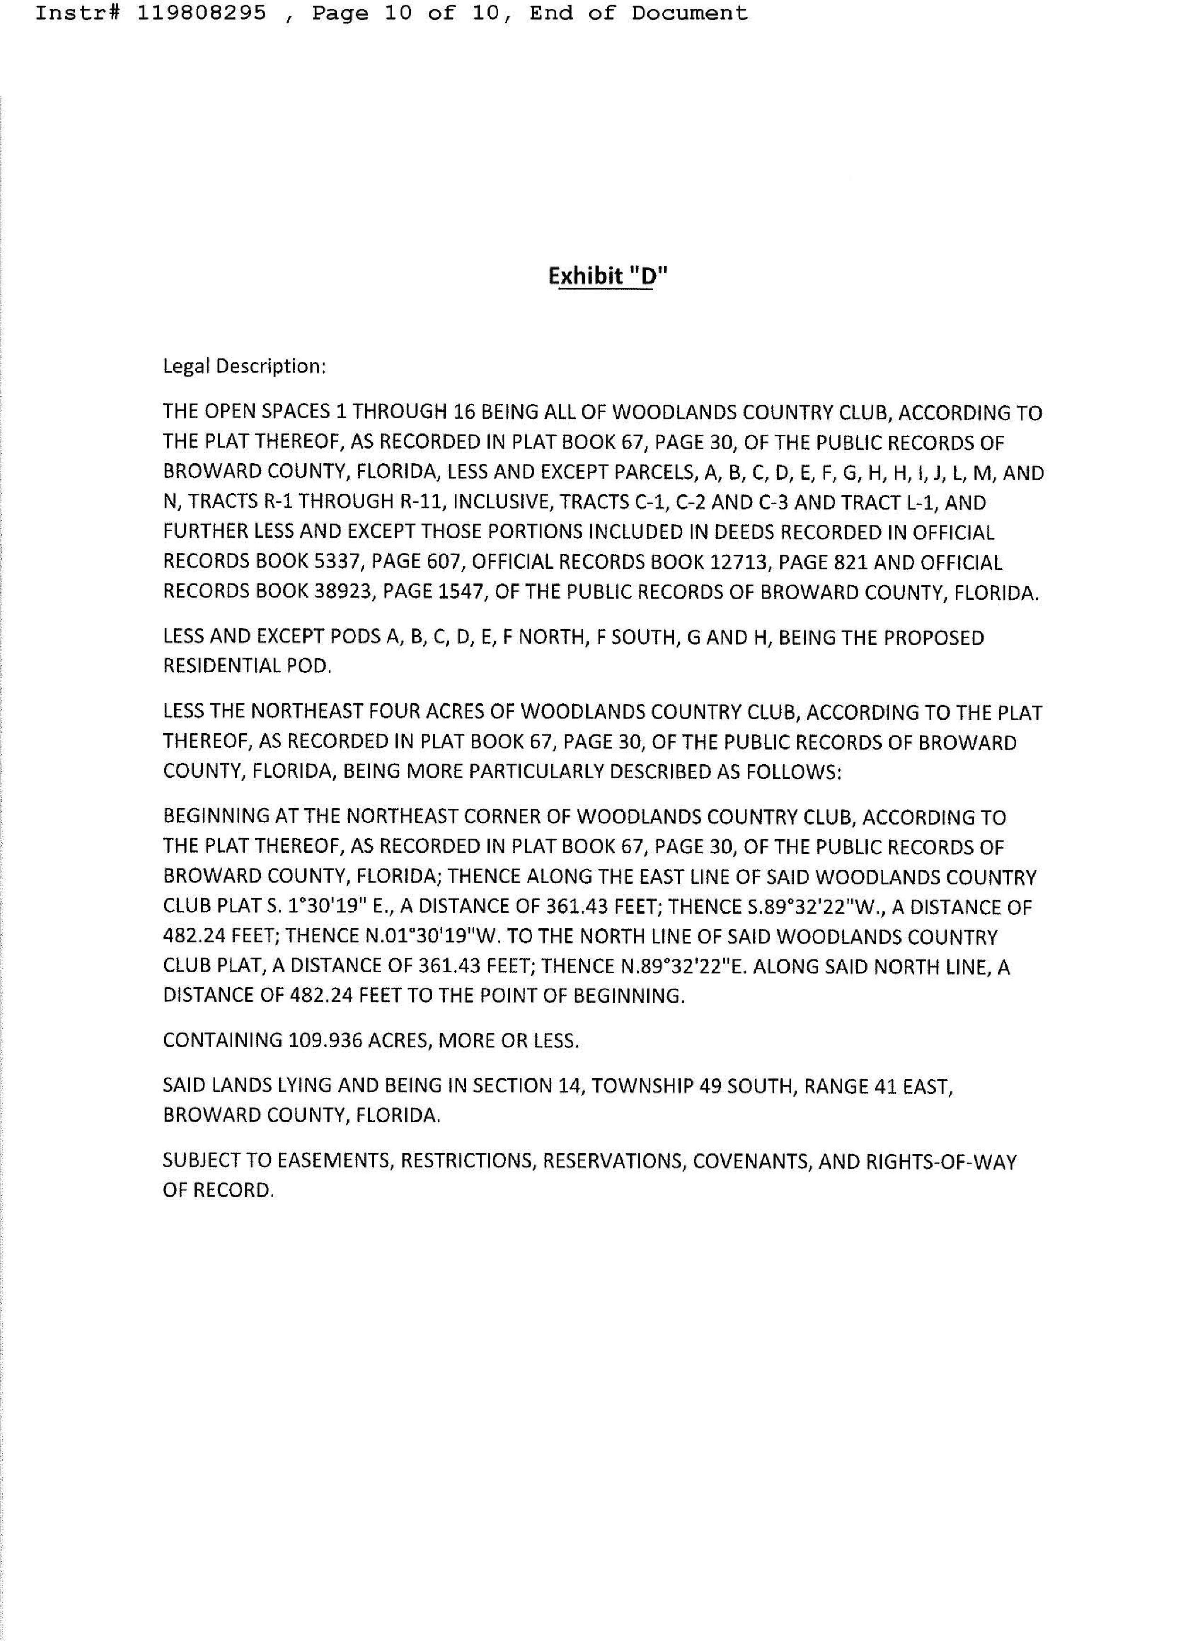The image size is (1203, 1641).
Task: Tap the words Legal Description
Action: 243,366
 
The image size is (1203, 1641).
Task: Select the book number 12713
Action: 744,563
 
